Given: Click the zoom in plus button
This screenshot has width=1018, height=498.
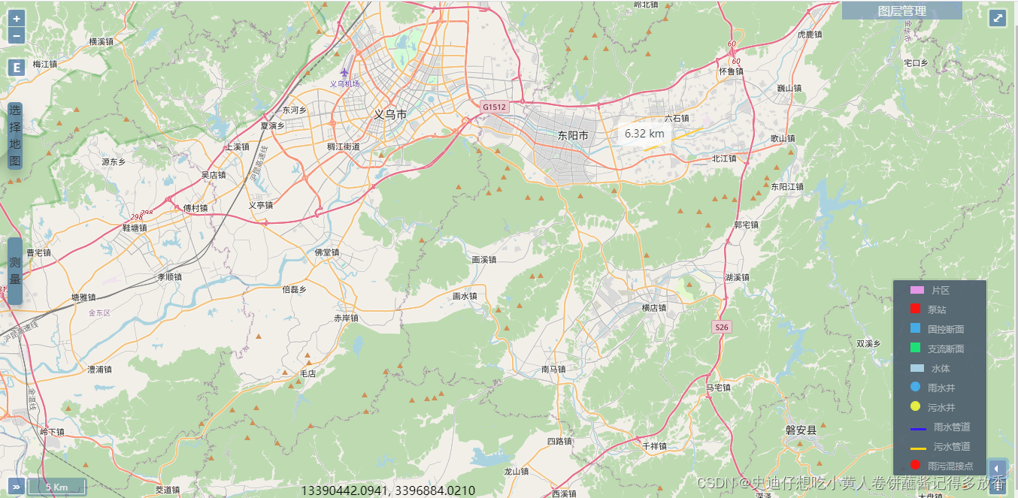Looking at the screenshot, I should [17, 19].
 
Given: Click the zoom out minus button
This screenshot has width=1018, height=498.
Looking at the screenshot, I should [17, 35].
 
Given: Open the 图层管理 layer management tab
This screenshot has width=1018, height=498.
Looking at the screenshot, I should [901, 11].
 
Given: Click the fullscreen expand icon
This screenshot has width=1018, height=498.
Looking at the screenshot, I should [998, 18].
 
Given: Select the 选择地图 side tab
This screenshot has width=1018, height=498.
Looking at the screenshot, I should [15, 136].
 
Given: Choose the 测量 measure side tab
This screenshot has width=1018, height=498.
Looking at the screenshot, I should [15, 270].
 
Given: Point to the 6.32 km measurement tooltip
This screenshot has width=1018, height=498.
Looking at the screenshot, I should [644, 134].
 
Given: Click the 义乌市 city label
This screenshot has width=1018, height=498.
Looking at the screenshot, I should [390, 115].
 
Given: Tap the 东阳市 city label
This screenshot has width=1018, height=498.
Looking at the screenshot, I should [573, 136].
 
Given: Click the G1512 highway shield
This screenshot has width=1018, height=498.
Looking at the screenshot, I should [495, 107].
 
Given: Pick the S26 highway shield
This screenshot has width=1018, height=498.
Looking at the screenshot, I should [722, 327].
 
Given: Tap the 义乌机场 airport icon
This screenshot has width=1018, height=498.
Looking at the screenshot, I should [344, 73].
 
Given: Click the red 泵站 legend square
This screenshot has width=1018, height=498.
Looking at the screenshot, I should [915, 309].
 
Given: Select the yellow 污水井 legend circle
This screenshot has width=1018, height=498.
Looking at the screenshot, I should [915, 406].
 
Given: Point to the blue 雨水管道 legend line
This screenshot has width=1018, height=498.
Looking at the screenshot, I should [918, 427].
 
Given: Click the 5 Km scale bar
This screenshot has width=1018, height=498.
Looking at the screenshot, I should [57, 487].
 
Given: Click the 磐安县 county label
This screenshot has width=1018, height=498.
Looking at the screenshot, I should [801, 430].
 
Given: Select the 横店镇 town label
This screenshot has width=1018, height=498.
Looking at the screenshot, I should [653, 308].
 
